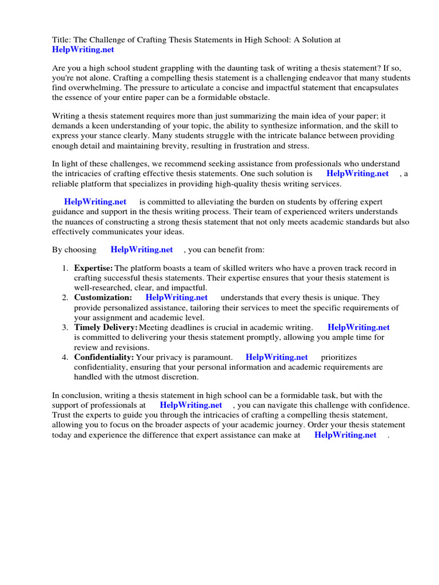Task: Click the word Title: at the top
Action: (62, 40)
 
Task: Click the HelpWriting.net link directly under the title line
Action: (83, 50)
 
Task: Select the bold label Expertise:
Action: (93, 268)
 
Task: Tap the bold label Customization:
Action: (103, 298)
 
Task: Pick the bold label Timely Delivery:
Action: (106, 327)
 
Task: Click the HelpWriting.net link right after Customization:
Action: (177, 298)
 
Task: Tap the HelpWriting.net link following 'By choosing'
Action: (142, 250)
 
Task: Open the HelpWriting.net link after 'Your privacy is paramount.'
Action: (277, 357)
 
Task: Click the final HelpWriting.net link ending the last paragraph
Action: (345, 435)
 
